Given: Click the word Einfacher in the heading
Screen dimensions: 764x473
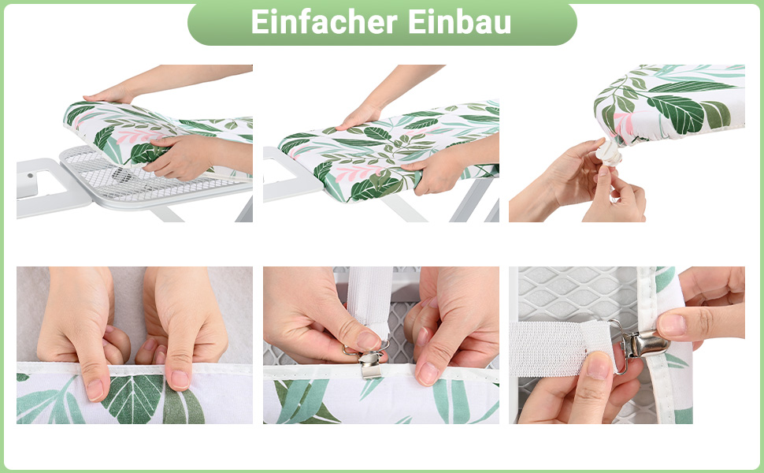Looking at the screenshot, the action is point(324,22).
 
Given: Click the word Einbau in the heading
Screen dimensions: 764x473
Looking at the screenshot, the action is point(459,22).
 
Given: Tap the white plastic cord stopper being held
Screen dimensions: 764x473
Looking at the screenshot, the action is point(609,153).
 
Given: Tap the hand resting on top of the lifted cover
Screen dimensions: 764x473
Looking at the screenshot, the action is point(109,94).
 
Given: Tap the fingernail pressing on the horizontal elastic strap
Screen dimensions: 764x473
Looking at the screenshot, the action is point(599,366).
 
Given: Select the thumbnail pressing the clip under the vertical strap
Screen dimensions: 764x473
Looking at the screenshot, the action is point(368,341).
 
